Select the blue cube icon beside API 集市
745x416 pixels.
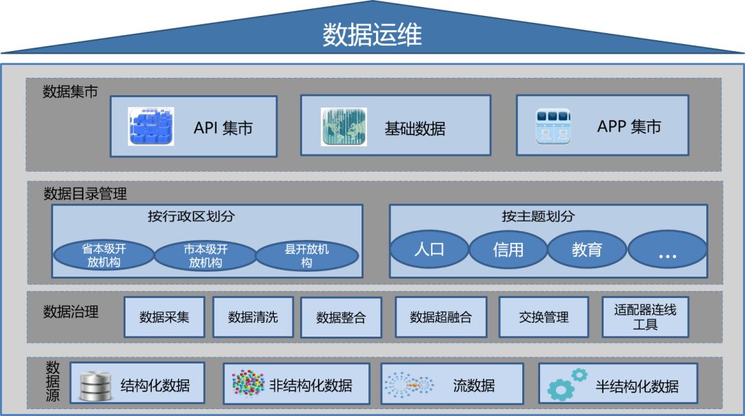(x=151, y=126)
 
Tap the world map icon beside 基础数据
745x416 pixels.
(x=344, y=126)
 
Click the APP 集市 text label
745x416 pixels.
(x=628, y=126)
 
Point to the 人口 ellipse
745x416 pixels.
(x=429, y=249)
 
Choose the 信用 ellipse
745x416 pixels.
(x=508, y=249)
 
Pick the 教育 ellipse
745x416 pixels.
(x=587, y=249)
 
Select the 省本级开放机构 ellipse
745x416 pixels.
(x=103, y=256)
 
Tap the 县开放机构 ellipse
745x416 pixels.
(x=307, y=256)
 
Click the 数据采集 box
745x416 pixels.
(x=164, y=317)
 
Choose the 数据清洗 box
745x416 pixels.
(x=253, y=317)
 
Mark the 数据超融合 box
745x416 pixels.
(x=441, y=317)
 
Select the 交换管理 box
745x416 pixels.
(x=544, y=317)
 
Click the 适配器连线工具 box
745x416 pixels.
(x=646, y=317)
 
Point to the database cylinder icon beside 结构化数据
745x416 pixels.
(x=95, y=386)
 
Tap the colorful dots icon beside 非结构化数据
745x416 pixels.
(x=248, y=383)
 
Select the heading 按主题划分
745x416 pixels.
(x=548, y=216)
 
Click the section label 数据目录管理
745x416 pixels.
(x=85, y=194)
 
